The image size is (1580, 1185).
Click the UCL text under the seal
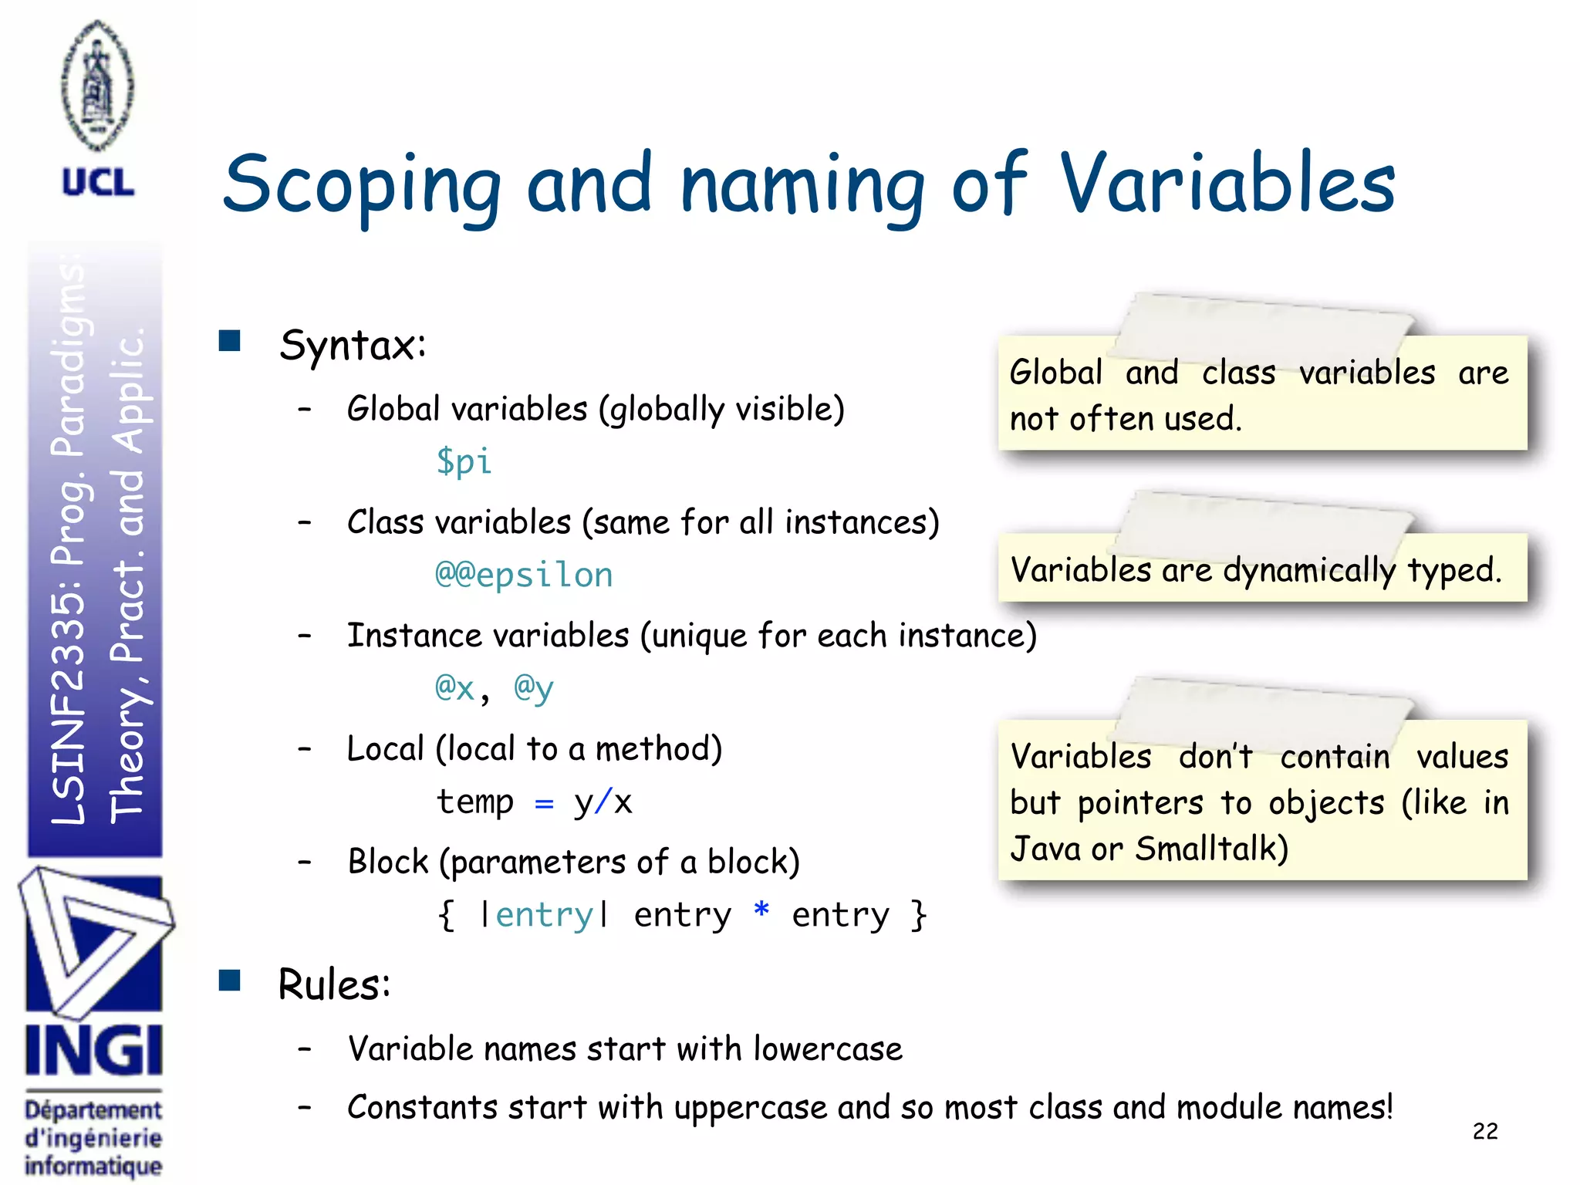click(x=98, y=184)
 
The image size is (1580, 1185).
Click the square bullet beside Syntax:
click(x=230, y=341)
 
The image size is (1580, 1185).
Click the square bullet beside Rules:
click(x=230, y=981)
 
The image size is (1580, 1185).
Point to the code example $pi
click(x=464, y=461)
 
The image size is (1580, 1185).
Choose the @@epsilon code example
click(x=524, y=575)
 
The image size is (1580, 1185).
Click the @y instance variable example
click(x=534, y=687)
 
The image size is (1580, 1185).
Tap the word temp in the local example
click(x=475, y=802)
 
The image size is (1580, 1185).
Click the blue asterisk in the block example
click(x=761, y=911)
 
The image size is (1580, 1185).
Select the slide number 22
click(x=1484, y=1131)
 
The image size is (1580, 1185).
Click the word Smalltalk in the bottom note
click(x=1211, y=849)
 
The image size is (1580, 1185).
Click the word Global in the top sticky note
click(x=1056, y=373)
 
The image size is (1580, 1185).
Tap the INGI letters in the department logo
click(x=94, y=1051)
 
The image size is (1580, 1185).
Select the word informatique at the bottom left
click(x=93, y=1166)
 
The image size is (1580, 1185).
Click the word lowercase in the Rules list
click(x=828, y=1049)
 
